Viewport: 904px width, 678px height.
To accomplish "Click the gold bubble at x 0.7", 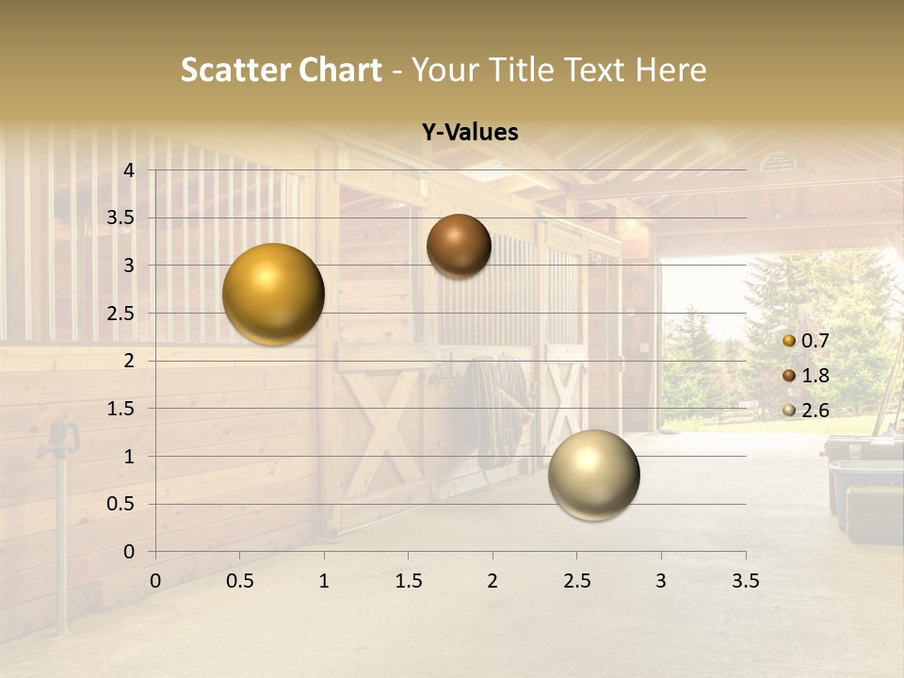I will pos(273,294).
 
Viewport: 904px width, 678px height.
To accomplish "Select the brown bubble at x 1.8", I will pos(459,246).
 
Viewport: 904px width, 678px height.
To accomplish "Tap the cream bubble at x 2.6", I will pos(593,475).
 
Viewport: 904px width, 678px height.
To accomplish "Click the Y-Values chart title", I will pos(470,133).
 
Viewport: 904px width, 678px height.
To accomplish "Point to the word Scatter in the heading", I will pos(234,70).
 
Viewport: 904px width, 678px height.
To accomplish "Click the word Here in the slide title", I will pos(671,70).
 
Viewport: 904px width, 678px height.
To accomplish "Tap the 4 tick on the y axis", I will pos(130,170).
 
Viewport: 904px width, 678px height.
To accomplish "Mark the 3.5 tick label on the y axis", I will pos(121,218).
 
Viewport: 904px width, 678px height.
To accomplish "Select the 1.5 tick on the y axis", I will pos(121,409).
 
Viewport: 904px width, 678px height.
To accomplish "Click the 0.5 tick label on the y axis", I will pos(121,504).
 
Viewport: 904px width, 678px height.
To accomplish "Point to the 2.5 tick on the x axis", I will pos(576,580).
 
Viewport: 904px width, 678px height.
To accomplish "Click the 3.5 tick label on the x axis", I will pos(745,580).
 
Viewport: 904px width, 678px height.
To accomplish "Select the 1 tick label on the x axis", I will pos(324,580).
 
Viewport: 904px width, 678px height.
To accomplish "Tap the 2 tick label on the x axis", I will pos(492,580).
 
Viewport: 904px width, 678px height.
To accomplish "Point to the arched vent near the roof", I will pos(778,163).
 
